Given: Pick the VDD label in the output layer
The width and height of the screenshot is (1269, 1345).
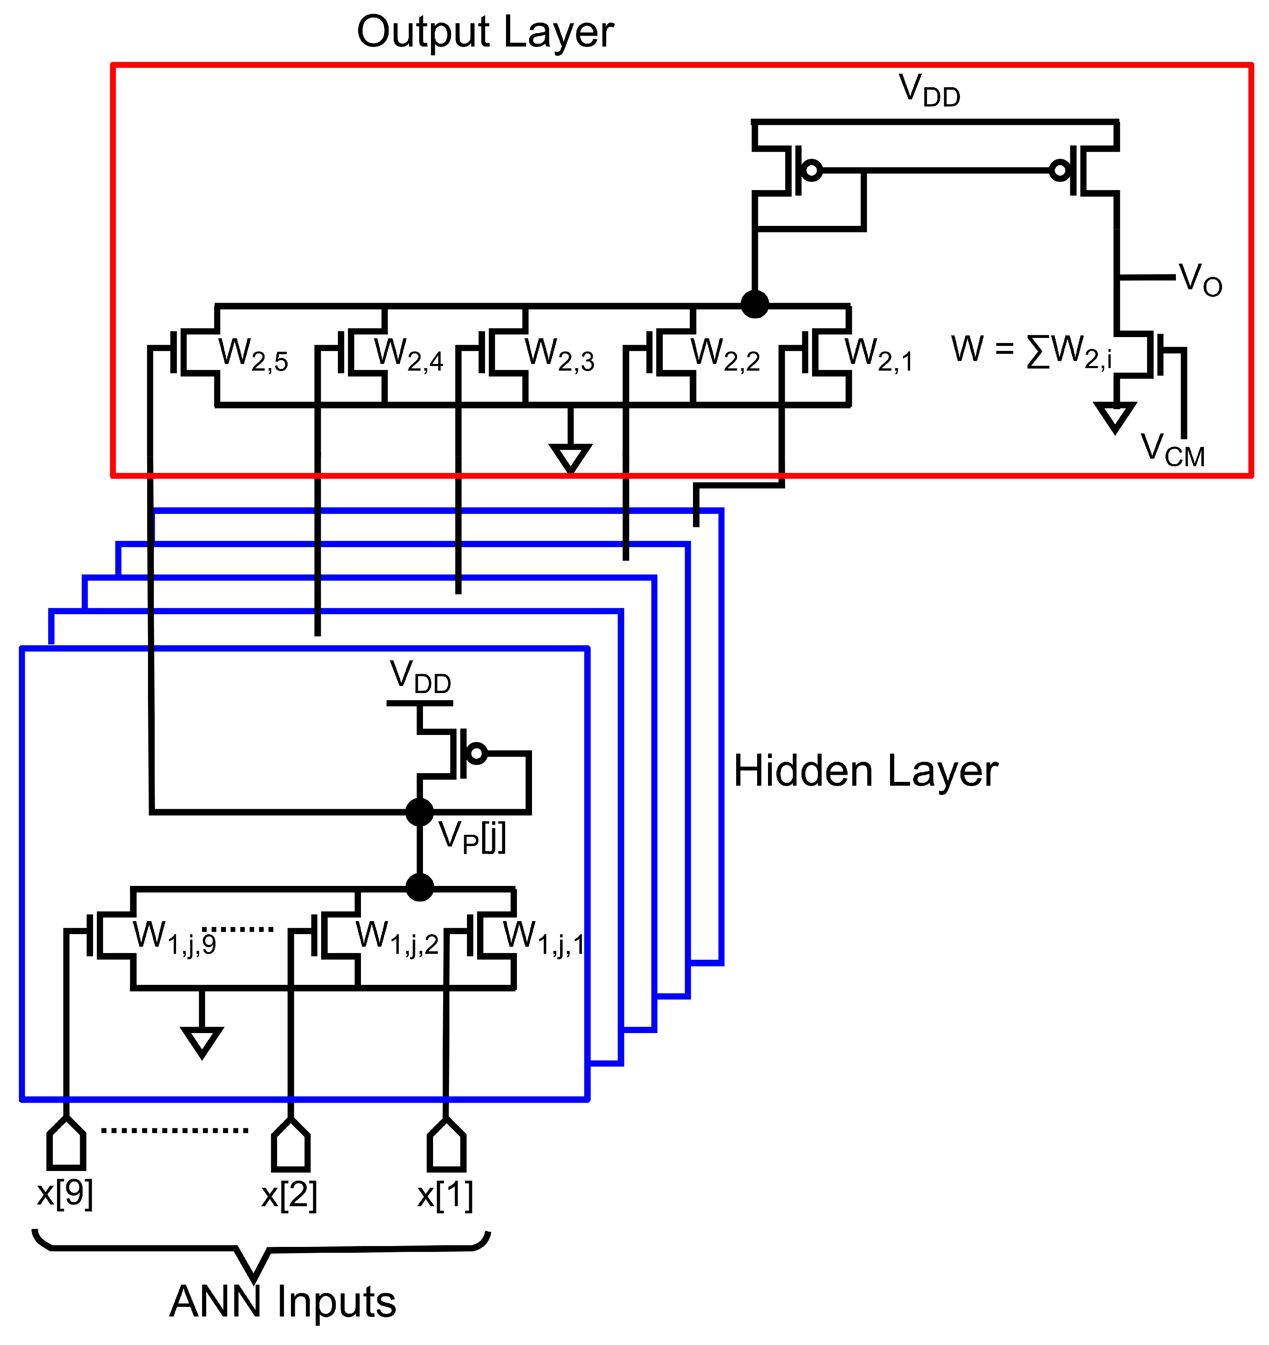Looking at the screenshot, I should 929,91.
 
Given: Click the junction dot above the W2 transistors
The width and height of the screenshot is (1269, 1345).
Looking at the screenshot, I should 754,304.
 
